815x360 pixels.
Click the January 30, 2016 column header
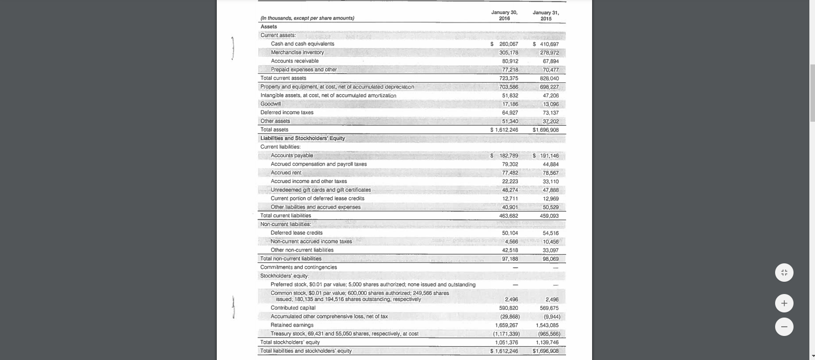[x=504, y=15]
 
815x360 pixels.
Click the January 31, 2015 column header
[x=546, y=15]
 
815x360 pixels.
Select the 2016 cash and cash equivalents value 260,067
[x=508, y=44]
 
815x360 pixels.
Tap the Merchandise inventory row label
[x=297, y=52]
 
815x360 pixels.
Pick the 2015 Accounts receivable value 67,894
[x=551, y=61]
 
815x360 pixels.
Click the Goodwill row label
[x=270, y=104]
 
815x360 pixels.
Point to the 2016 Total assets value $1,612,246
[x=505, y=130]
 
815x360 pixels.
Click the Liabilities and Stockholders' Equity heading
[x=303, y=138]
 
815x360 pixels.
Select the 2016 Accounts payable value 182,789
[x=508, y=155]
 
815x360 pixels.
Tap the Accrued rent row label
[x=286, y=173]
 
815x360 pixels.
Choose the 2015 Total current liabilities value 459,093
[x=549, y=216]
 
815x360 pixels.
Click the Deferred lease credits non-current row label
[x=297, y=233]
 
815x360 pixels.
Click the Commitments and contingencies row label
[x=299, y=267]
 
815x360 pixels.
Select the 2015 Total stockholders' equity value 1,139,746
[x=547, y=343]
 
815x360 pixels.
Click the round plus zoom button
[x=784, y=303]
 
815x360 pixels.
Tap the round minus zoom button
[x=784, y=326]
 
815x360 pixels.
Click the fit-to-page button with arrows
[x=784, y=273]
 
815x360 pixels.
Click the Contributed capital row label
[x=293, y=308]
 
